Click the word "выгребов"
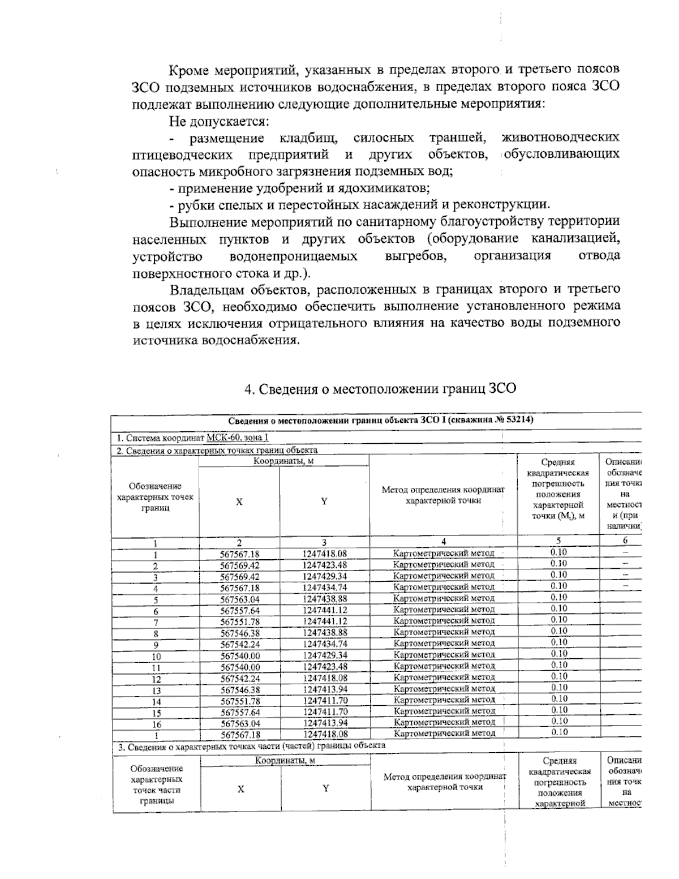pyautogui.click(x=415, y=256)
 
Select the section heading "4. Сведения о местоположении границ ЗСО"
pyautogui.click(x=380, y=389)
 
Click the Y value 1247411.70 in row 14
pyautogui.click(x=325, y=701)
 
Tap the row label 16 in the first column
pyautogui.click(x=156, y=724)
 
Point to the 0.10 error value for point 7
pyautogui.click(x=558, y=620)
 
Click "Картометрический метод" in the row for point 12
pyautogui.click(x=444, y=678)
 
